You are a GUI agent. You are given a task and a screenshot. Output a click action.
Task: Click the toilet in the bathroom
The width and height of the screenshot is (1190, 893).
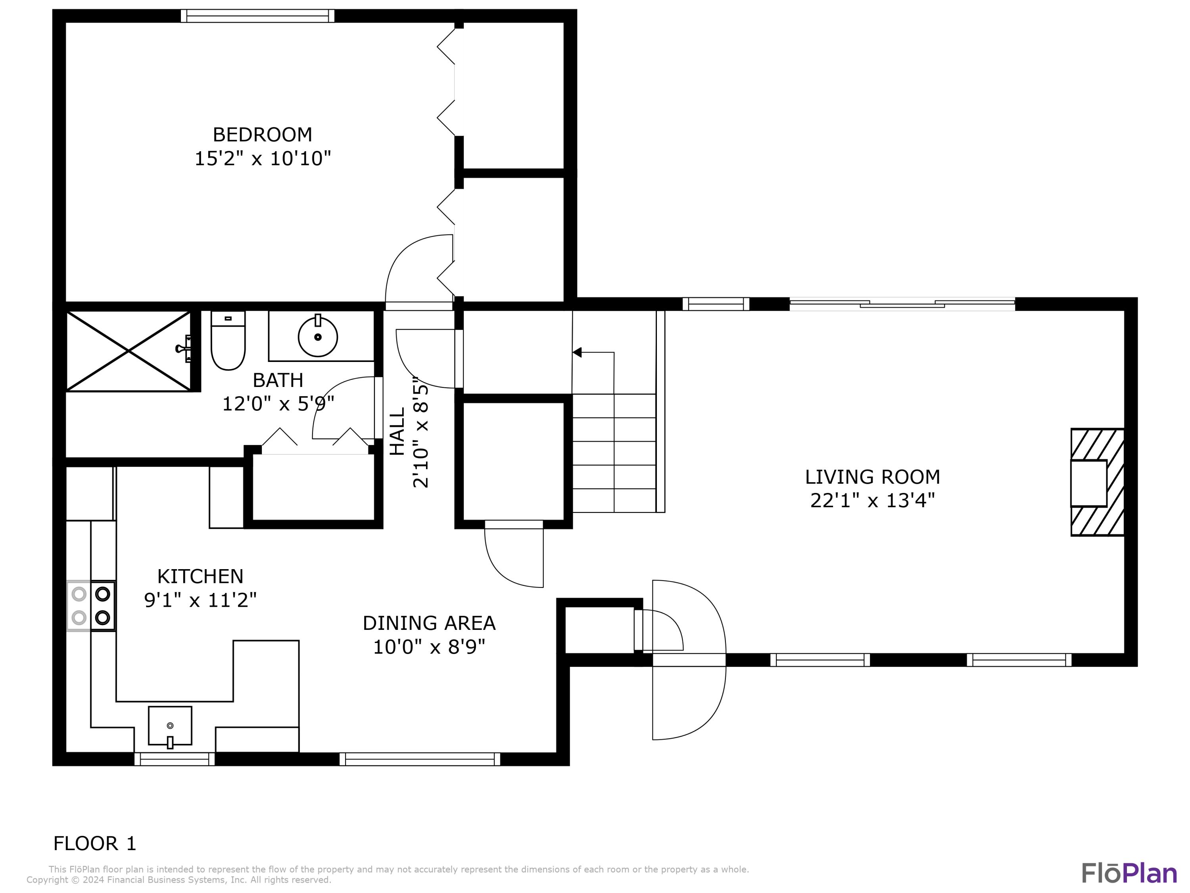[228, 342]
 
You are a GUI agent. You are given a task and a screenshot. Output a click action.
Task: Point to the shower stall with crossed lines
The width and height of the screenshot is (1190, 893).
[128, 351]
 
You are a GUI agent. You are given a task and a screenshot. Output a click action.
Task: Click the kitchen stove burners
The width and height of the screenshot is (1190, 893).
[91, 606]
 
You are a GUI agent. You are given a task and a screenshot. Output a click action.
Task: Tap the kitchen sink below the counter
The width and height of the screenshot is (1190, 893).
[170, 726]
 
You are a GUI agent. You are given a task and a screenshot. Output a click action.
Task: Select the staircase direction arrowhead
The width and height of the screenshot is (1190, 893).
[577, 352]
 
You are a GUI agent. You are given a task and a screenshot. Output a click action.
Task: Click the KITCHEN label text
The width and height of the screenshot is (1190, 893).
[200, 577]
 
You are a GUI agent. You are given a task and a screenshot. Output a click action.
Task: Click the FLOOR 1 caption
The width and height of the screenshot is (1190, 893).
[95, 843]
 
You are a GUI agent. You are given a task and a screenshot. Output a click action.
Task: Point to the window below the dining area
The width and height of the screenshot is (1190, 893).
[420, 759]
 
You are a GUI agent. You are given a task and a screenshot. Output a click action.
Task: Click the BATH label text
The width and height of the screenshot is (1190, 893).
[278, 380]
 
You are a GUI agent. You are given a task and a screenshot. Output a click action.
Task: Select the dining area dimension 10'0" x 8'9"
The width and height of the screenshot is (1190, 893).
[429, 647]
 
